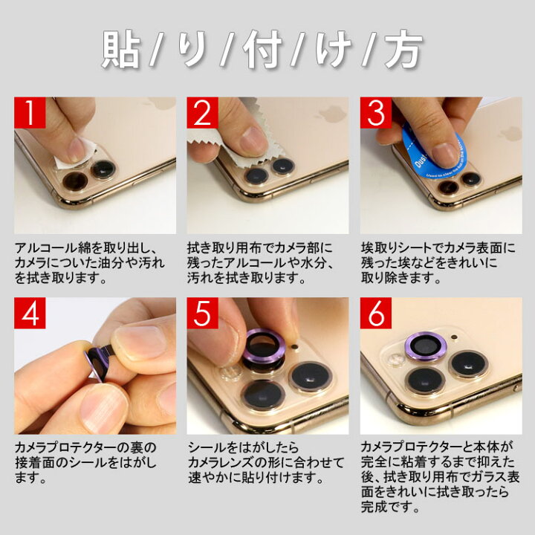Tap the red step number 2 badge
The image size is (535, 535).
pos(202,113)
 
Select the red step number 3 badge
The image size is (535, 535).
pos(376,113)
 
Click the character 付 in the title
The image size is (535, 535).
pos(265,51)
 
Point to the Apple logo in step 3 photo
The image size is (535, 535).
pos(510,134)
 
